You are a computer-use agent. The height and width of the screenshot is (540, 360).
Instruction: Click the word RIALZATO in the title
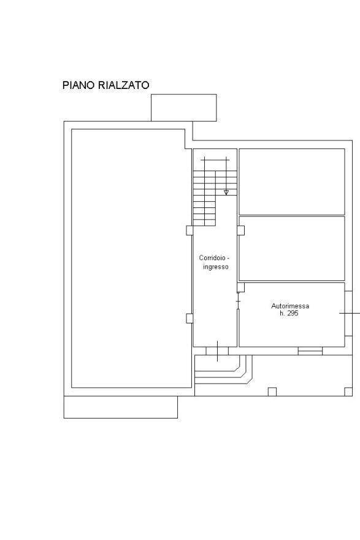coord(123,85)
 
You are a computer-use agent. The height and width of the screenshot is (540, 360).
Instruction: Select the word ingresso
coord(216,267)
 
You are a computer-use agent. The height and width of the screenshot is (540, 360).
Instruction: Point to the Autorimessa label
coord(290,306)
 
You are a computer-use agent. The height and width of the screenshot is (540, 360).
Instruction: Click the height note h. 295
coord(289,314)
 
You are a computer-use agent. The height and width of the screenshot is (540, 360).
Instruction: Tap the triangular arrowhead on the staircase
coord(226,192)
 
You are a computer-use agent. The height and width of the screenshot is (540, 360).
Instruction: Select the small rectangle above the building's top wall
coord(184,107)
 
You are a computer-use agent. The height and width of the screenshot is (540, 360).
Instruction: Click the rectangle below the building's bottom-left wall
coord(121,407)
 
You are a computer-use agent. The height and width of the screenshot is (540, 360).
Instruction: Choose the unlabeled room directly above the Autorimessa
coord(292,249)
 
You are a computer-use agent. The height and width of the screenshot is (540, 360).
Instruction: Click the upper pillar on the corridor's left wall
coord(190,230)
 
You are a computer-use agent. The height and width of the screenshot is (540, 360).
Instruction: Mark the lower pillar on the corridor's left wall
coord(190,318)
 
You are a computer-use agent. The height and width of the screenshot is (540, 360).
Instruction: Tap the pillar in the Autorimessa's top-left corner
coord(241,287)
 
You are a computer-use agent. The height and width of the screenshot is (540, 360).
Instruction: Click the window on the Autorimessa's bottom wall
coord(310,351)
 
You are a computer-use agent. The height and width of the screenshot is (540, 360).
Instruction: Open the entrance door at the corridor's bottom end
coord(217,351)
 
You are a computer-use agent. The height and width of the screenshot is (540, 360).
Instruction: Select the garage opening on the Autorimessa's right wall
coord(348,314)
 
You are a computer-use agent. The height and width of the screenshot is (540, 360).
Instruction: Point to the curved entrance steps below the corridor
coord(223,369)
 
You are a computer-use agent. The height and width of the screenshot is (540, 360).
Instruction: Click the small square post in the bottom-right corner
coord(348,392)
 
